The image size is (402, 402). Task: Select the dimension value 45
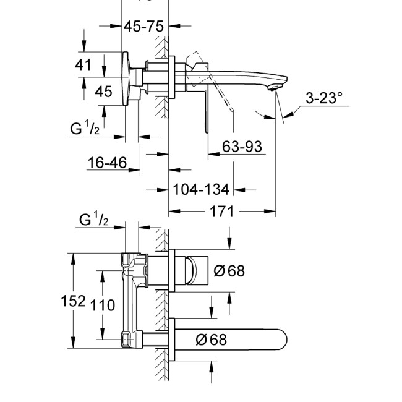click(104, 92)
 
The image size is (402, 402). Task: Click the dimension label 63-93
click(243, 147)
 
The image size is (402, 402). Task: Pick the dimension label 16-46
click(107, 163)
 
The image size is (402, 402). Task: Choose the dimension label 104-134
click(201, 189)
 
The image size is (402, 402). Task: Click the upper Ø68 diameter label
click(229, 270)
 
